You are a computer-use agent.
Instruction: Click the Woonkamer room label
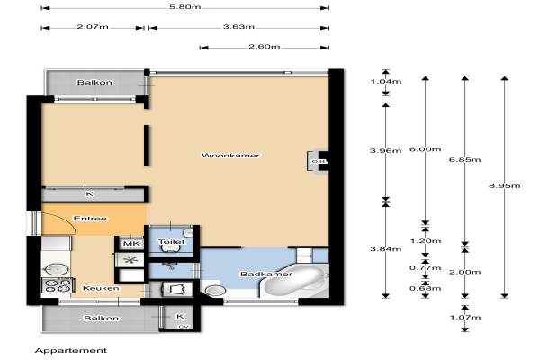click(x=230, y=156)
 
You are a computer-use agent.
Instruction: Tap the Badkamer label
click(x=266, y=274)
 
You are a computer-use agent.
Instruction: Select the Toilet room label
click(x=172, y=242)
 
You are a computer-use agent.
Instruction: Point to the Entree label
click(x=90, y=219)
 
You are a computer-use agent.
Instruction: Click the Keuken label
click(x=101, y=288)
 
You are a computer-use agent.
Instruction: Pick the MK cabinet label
click(x=131, y=244)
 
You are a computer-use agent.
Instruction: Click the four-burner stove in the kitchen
click(x=58, y=285)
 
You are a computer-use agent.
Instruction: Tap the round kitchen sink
click(x=53, y=269)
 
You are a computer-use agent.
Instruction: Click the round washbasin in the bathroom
click(x=214, y=291)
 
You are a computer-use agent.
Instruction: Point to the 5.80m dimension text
click(x=184, y=7)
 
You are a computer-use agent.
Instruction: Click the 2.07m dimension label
click(x=93, y=26)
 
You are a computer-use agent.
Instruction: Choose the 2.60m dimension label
click(x=264, y=47)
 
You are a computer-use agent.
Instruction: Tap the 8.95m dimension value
click(x=505, y=186)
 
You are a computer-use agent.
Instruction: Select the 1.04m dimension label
click(x=386, y=82)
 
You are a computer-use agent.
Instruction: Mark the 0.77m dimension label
click(x=426, y=267)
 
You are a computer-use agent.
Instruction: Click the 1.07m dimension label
click(x=465, y=318)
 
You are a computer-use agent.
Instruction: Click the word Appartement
click(x=71, y=351)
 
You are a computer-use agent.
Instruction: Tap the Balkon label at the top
click(x=94, y=82)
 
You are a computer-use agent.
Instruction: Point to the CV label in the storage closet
click(x=184, y=327)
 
